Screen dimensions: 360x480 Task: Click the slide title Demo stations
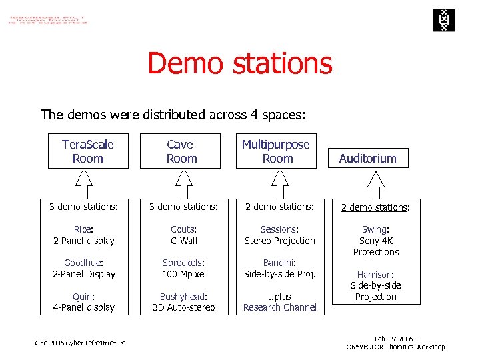coord(239,63)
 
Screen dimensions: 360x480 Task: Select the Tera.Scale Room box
coord(87,151)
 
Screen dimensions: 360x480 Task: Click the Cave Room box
coord(181,151)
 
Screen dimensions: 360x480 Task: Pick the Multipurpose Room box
coord(276,151)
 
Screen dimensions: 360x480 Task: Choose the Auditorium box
coord(367,158)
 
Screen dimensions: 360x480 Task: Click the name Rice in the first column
coord(83,229)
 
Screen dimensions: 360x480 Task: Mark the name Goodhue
coord(83,263)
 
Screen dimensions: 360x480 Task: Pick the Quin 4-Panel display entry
coord(84,302)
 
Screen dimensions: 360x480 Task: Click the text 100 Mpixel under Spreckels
coord(184,274)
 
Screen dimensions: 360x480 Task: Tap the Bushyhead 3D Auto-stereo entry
coord(184,302)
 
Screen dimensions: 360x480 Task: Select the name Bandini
coord(279,263)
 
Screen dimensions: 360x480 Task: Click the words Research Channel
coord(279,307)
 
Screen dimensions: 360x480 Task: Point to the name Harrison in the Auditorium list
coord(375,274)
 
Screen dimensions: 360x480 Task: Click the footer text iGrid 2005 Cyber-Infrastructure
coord(79,343)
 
